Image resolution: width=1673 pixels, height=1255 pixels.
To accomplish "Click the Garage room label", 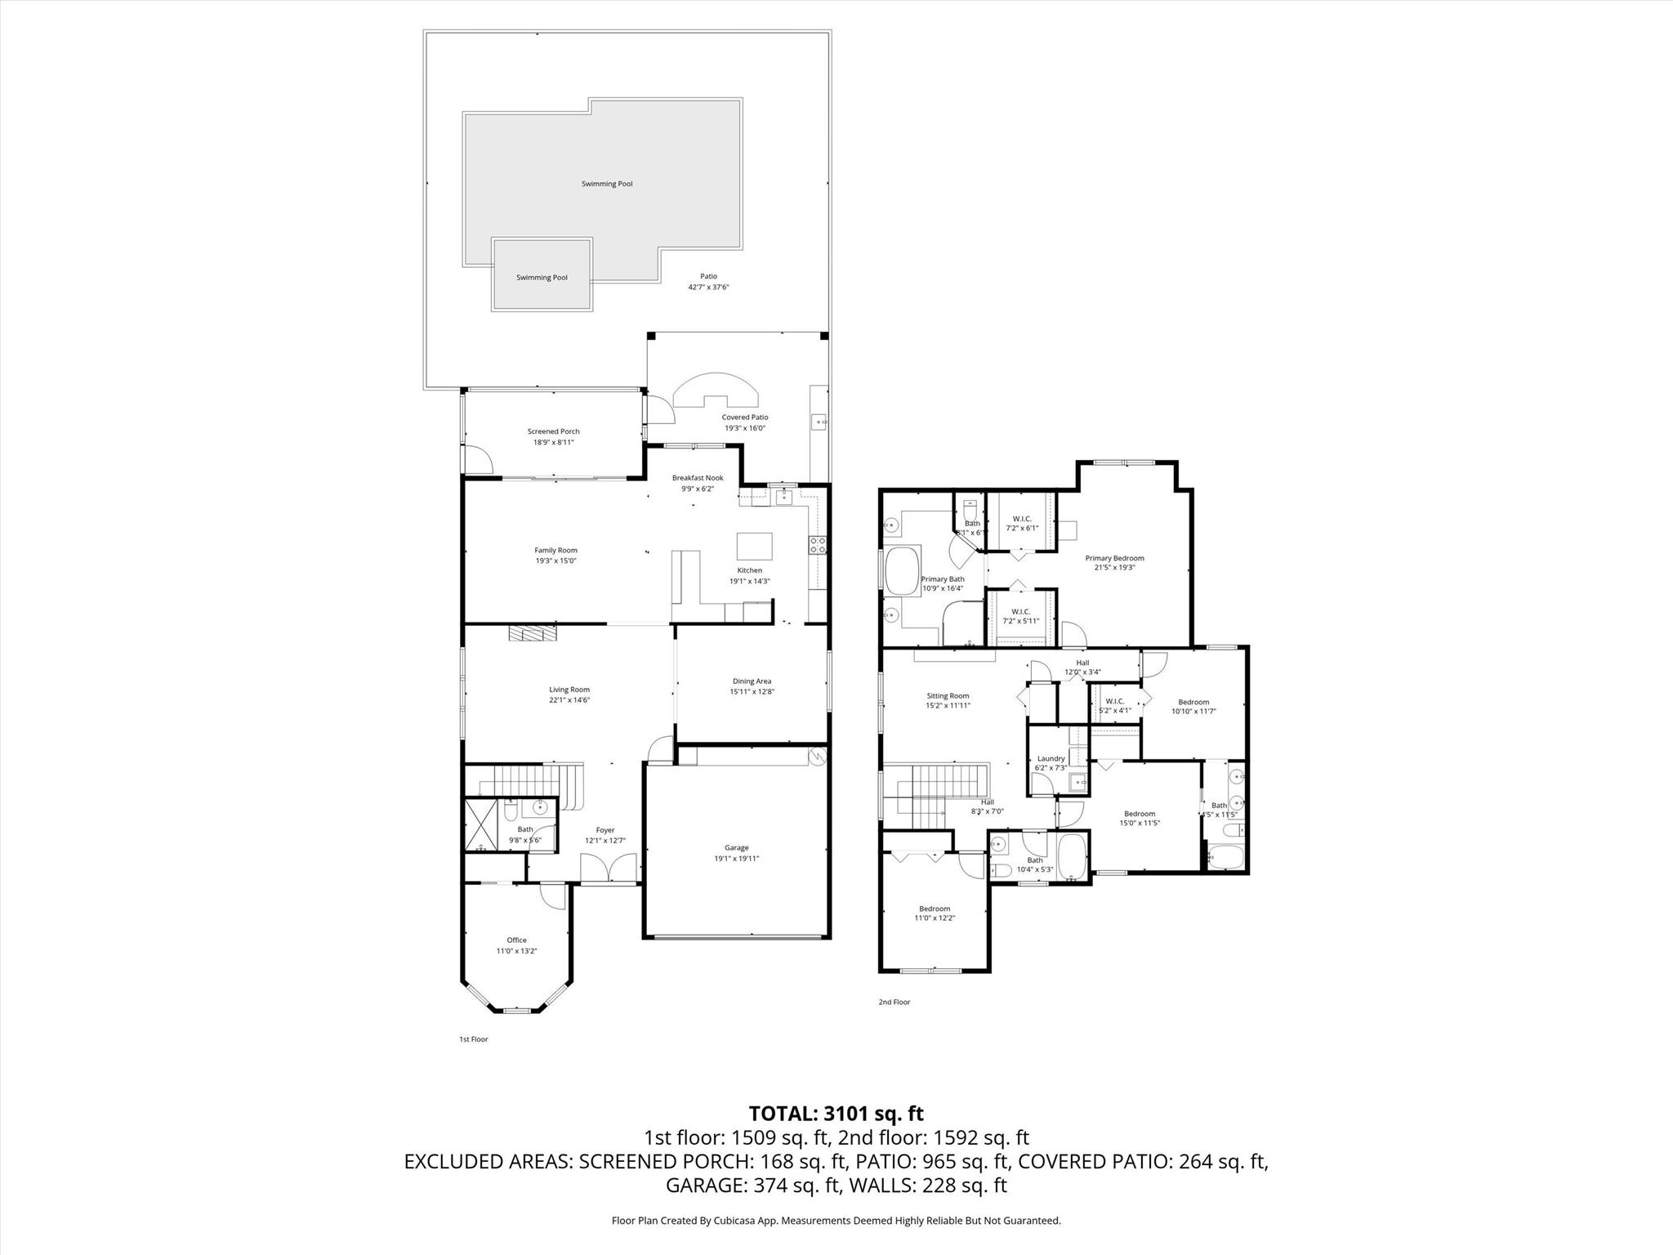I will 736,847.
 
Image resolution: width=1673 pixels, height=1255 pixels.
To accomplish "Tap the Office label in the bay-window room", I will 516,940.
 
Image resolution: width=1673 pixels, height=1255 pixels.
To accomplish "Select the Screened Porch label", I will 553,431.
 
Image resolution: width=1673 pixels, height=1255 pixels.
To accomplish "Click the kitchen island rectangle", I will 754,545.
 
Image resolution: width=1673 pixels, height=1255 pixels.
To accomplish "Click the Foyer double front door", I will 609,869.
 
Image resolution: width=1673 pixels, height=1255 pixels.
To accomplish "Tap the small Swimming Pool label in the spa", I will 542,278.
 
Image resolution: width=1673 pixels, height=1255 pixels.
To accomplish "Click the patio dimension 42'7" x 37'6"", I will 708,287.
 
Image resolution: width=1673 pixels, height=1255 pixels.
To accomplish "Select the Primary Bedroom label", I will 1114,558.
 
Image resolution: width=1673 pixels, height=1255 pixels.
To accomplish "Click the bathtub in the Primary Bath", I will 901,571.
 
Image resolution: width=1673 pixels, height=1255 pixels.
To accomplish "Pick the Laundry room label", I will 1050,758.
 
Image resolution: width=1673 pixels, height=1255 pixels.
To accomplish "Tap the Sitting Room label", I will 948,696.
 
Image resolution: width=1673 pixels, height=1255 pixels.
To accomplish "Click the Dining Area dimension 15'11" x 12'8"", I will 752,691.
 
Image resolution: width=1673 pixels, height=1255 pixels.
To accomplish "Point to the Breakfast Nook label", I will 698,478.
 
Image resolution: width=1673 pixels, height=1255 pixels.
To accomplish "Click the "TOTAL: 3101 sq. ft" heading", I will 836,1113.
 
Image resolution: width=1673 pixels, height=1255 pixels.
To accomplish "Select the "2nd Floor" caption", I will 894,1002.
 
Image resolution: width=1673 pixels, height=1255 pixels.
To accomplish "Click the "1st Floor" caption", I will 473,1039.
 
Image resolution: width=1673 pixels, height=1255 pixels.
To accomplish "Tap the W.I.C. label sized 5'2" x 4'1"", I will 1114,701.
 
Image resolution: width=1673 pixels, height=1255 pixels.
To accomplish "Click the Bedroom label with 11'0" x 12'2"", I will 935,909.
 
